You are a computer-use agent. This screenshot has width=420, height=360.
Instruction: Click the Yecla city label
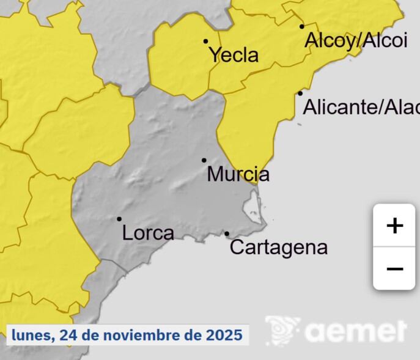tap(234, 55)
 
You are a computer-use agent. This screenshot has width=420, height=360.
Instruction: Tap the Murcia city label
tap(238, 175)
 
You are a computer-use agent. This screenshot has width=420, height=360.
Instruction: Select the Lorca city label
tap(148, 233)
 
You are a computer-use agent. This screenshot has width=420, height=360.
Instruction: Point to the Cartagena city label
tap(279, 248)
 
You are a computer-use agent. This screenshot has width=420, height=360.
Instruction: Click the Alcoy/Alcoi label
tap(356, 40)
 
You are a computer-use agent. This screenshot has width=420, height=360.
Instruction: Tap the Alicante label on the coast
tap(361, 108)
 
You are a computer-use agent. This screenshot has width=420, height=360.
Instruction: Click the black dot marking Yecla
tap(206, 42)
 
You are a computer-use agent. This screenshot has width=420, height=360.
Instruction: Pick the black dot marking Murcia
tap(204, 160)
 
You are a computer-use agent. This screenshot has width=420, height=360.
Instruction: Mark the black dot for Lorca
tap(119, 219)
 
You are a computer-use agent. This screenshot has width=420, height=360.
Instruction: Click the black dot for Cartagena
tap(227, 233)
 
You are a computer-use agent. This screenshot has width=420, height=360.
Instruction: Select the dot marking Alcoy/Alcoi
tap(302, 26)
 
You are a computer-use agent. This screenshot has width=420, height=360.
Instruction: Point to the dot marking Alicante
tap(300, 94)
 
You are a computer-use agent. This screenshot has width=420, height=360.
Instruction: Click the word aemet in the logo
tap(356, 331)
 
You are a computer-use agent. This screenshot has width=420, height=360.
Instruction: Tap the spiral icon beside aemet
tap(282, 330)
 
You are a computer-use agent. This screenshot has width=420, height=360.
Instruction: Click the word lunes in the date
tap(32, 335)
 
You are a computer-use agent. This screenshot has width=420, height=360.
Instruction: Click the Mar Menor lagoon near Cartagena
tap(252, 208)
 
